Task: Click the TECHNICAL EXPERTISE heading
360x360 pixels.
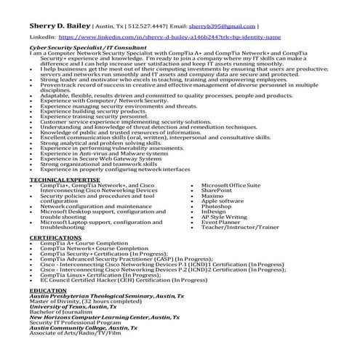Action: [65, 179]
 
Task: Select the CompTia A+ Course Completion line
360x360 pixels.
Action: [84, 243]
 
